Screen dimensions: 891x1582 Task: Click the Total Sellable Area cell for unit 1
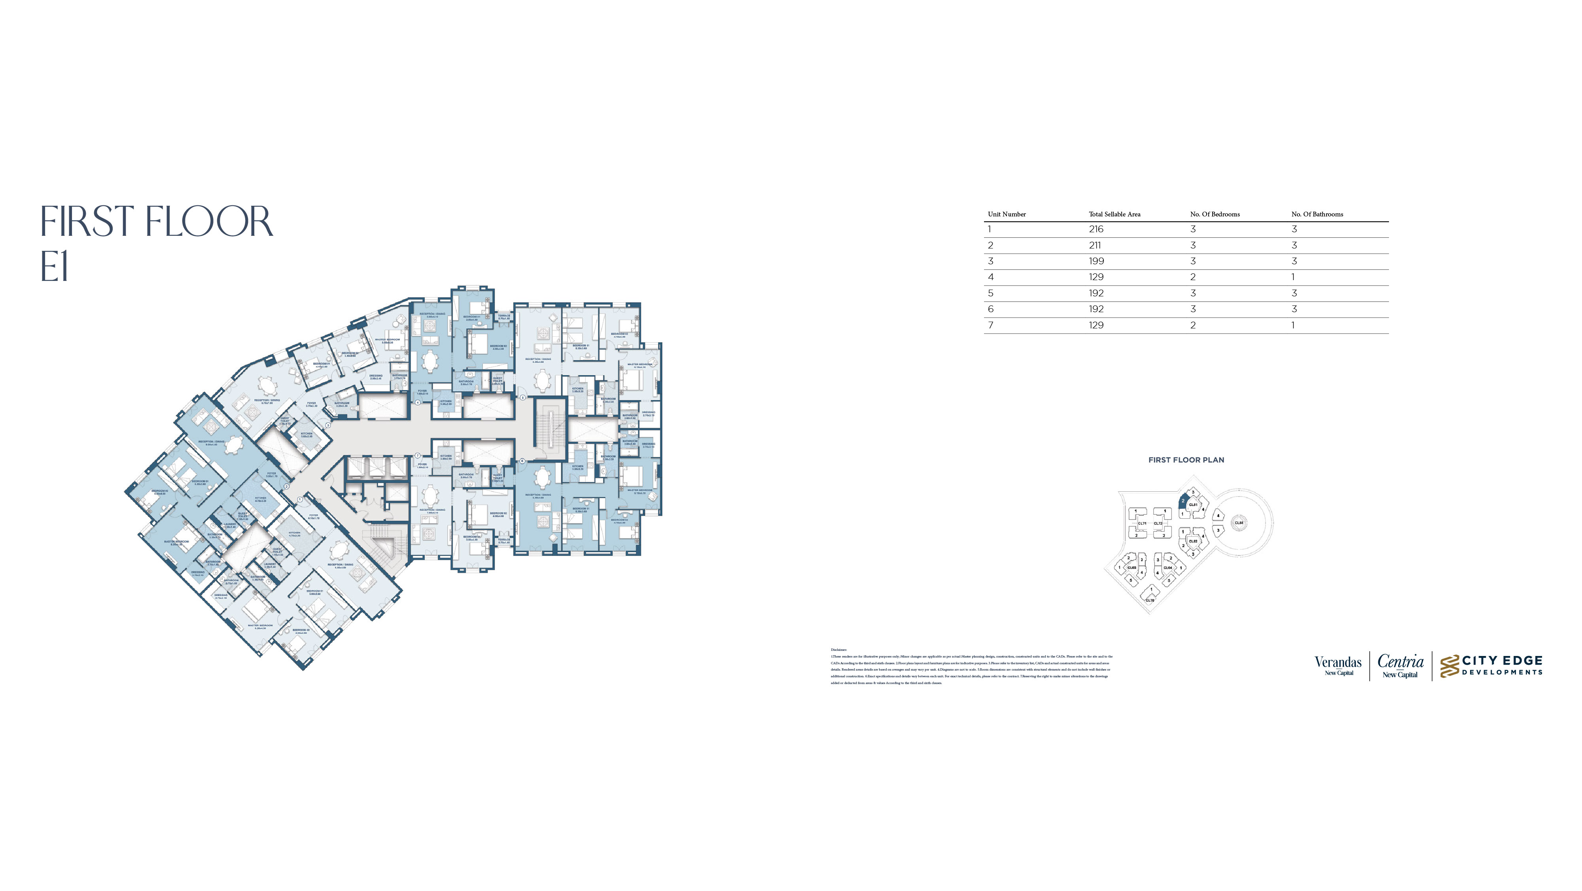(x=1096, y=229)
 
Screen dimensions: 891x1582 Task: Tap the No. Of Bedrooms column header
(x=1215, y=214)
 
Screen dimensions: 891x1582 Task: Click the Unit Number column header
(x=1007, y=214)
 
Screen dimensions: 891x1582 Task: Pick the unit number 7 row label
(x=991, y=325)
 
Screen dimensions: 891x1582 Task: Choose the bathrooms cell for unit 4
(x=1293, y=277)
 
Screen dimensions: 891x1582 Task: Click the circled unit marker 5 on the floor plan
(x=522, y=398)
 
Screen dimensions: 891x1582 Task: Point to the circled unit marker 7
(x=418, y=455)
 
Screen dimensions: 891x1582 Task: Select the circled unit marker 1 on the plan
(x=300, y=500)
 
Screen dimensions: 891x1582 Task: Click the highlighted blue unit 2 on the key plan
(x=1183, y=501)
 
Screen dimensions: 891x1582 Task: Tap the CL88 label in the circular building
(x=1239, y=523)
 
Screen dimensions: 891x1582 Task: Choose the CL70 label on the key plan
(x=1150, y=600)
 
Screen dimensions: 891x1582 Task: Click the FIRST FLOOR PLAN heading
(x=1186, y=460)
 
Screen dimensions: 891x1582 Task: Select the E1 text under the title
(x=55, y=268)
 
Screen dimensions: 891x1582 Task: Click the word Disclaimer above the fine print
(x=838, y=650)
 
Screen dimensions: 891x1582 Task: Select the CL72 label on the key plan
(x=1158, y=523)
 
